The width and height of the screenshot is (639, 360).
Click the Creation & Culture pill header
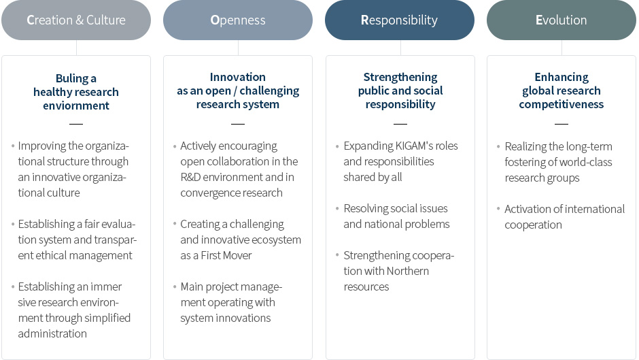pos(76,20)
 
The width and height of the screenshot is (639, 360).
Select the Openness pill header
pos(238,20)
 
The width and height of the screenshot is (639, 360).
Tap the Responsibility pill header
pos(400,20)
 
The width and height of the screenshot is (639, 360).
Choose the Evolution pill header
pos(561,20)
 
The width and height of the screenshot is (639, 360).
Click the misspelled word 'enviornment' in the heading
pos(76,105)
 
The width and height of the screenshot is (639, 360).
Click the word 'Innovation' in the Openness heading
pos(238,77)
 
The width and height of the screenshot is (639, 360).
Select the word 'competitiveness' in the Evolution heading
pos(561,105)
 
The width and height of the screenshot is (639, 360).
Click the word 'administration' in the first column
pos(52,334)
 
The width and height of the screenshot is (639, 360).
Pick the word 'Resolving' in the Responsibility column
pos(366,209)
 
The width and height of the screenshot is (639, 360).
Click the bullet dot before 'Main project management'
pos(175,287)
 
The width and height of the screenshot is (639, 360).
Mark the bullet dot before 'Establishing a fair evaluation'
pos(13,224)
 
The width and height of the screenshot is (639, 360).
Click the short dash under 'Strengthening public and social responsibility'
pos(400,124)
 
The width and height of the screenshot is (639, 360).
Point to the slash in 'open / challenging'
pos(235,91)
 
